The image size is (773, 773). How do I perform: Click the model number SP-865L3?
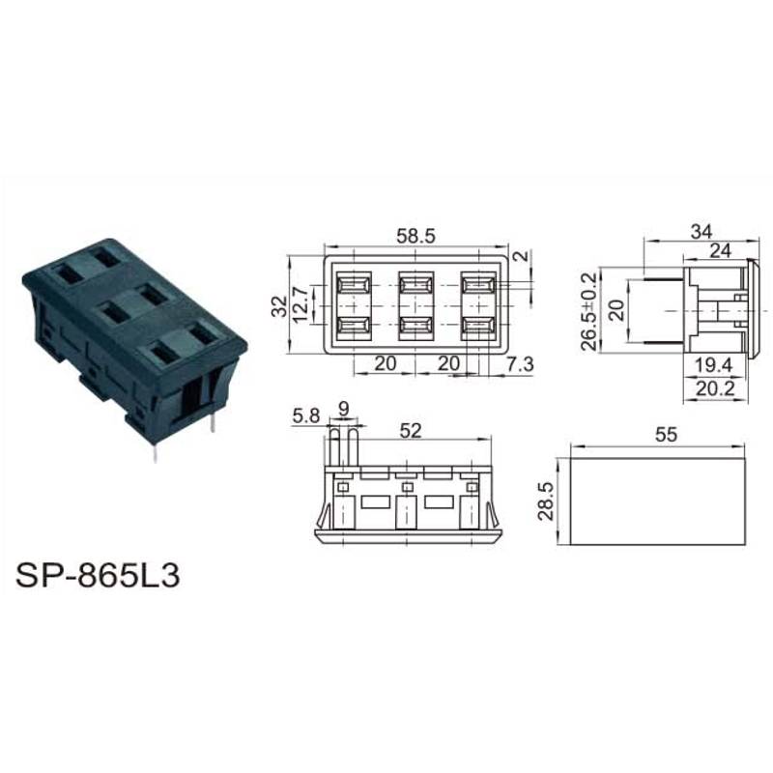pos(98,575)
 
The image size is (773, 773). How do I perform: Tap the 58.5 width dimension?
pos(416,236)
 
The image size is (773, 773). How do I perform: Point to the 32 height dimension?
pos(279,305)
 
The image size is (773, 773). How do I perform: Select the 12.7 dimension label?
pos(301,304)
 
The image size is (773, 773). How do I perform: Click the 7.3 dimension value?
pos(520,364)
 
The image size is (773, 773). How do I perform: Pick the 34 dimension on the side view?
pos(701,231)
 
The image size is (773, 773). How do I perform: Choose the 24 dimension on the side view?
pos(720,251)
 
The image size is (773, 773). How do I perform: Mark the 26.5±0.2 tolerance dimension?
pos(588,310)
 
